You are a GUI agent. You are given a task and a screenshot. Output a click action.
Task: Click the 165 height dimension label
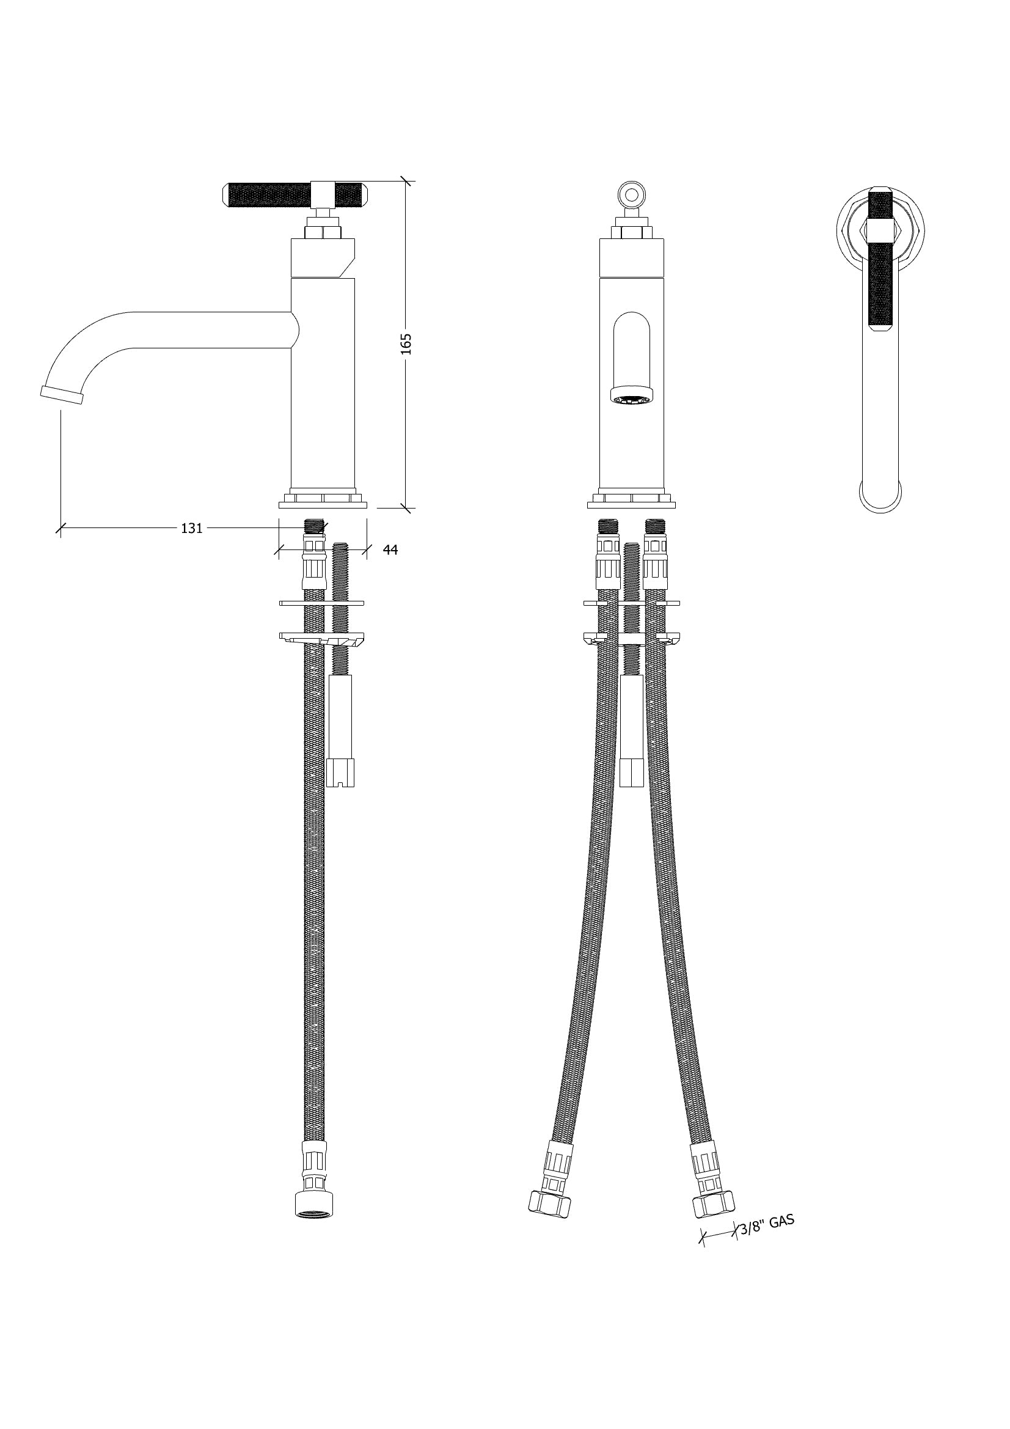[406, 344]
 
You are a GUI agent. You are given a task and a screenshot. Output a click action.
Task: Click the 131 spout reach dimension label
[192, 529]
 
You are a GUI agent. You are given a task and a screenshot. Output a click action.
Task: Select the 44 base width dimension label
[390, 550]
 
